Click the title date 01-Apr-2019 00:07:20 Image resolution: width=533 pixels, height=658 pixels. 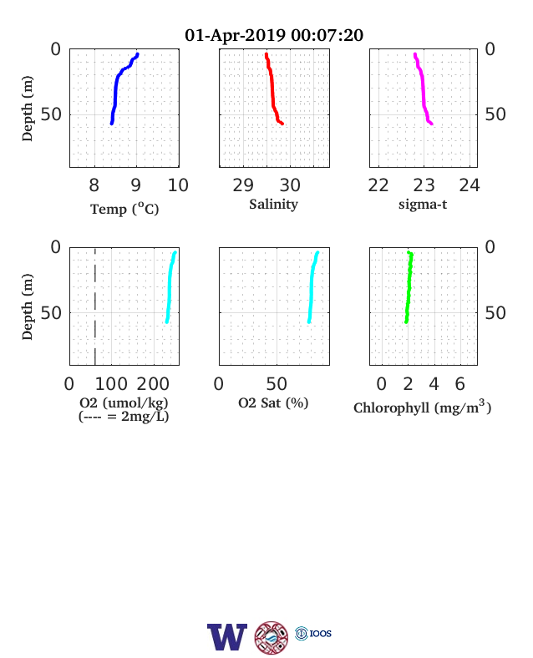coord(274,35)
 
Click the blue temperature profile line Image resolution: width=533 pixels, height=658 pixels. coord(115,90)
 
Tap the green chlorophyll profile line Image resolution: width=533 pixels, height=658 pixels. coord(409,287)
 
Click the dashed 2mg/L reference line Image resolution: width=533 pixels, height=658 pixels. coord(95,306)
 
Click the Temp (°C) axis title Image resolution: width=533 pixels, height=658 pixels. coord(124,209)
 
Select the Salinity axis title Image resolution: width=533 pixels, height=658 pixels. coord(274,204)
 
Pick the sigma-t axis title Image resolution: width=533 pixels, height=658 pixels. coord(423,205)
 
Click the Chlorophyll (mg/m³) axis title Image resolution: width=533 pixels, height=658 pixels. coord(422,407)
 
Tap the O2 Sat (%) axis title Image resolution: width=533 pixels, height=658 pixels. coord(273,402)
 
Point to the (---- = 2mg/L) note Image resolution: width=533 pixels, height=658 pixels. coord(124,417)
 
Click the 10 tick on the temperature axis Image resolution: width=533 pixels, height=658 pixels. coord(179,185)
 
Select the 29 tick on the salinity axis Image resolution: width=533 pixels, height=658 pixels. coord(243,185)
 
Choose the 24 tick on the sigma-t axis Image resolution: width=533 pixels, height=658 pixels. coord(470,185)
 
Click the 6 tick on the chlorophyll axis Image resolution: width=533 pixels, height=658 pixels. coord(460,384)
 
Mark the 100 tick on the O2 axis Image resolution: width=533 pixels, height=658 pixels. coord(111,384)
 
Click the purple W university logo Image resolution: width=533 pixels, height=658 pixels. coord(227,637)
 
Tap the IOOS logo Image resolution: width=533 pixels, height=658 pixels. coord(313,633)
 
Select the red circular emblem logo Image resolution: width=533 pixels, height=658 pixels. coord(272,638)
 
